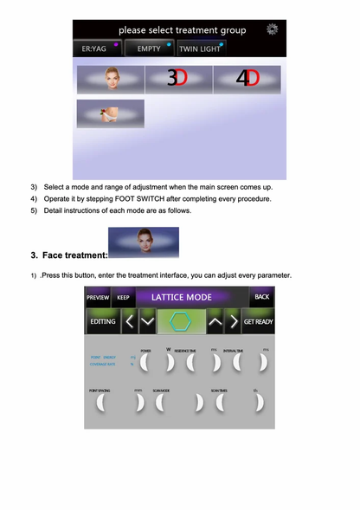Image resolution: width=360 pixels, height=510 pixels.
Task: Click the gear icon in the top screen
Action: pyautogui.click(x=273, y=29)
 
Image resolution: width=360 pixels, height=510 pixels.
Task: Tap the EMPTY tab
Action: pyautogui.click(x=150, y=49)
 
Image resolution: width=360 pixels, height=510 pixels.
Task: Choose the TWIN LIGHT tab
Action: pyautogui.click(x=201, y=49)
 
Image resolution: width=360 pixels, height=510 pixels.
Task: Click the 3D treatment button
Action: pyautogui.click(x=177, y=79)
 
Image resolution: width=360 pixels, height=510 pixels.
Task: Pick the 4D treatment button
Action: pyautogui.click(x=247, y=79)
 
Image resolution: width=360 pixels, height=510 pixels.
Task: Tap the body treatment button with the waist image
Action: pyautogui.click(x=110, y=113)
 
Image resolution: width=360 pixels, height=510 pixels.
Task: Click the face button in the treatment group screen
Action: pyautogui.click(x=110, y=79)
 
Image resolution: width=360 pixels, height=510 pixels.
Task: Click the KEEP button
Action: pyautogui.click(x=123, y=297)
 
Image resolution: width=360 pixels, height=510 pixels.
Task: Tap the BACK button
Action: pyautogui.click(x=261, y=297)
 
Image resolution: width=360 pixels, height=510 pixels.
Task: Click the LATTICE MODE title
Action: pyautogui.click(x=182, y=297)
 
